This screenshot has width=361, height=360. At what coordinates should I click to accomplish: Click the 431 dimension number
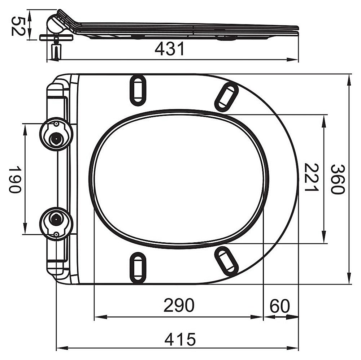pos(170,49)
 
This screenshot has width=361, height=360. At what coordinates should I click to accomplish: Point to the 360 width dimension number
pos(338,179)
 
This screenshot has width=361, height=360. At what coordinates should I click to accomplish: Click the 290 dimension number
pos(179,306)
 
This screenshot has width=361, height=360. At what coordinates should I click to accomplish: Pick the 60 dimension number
pos(280,307)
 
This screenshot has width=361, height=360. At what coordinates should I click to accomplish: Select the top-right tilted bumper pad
pos(226,96)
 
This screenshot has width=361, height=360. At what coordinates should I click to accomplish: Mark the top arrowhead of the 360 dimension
pos(349,78)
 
